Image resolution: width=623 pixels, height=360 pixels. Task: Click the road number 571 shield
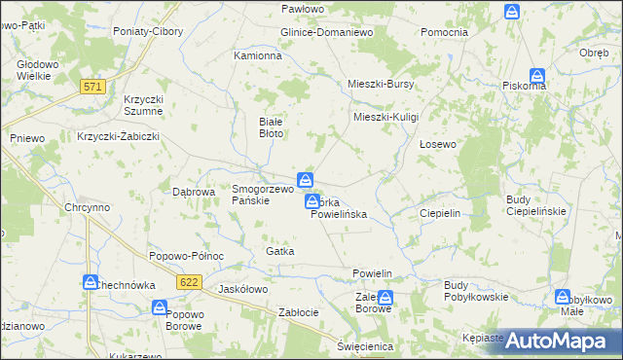92,87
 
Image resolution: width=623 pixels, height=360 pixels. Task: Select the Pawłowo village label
302,8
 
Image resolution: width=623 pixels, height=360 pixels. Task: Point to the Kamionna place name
258,56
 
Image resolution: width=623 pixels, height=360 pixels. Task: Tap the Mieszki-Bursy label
382,84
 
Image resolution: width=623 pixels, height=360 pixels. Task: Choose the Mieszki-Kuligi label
385,117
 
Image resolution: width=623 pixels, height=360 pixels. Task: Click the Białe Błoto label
270,126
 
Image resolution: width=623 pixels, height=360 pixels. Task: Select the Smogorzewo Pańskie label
262,195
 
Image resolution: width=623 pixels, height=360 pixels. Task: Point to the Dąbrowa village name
193,192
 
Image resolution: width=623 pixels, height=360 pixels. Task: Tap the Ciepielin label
439,212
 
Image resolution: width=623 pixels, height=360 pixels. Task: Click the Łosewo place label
437,144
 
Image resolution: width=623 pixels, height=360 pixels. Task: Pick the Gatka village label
279,251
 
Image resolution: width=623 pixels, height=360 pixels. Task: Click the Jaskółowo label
243,289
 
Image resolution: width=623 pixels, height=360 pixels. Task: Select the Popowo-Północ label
187,256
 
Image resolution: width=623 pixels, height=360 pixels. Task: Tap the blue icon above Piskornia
536,75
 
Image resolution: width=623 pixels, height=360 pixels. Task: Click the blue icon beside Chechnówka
89,282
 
